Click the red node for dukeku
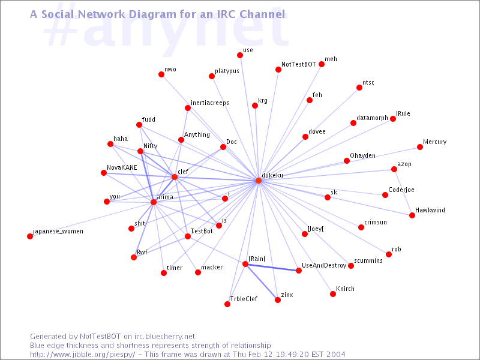click(259, 181)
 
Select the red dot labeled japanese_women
click(30, 236)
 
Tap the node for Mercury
click(420, 147)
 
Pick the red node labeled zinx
click(278, 300)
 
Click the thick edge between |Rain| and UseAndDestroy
click(272, 267)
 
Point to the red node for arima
click(154, 202)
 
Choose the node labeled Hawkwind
click(412, 215)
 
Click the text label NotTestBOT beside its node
click(298, 64)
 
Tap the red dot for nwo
click(161, 74)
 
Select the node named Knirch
click(333, 294)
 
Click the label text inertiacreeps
click(209, 103)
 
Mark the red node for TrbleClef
click(227, 304)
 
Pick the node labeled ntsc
click(359, 88)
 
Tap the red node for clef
click(175, 177)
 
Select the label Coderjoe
click(401, 190)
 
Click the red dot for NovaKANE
click(104, 173)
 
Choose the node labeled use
click(240, 55)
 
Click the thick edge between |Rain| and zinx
click(262, 282)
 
